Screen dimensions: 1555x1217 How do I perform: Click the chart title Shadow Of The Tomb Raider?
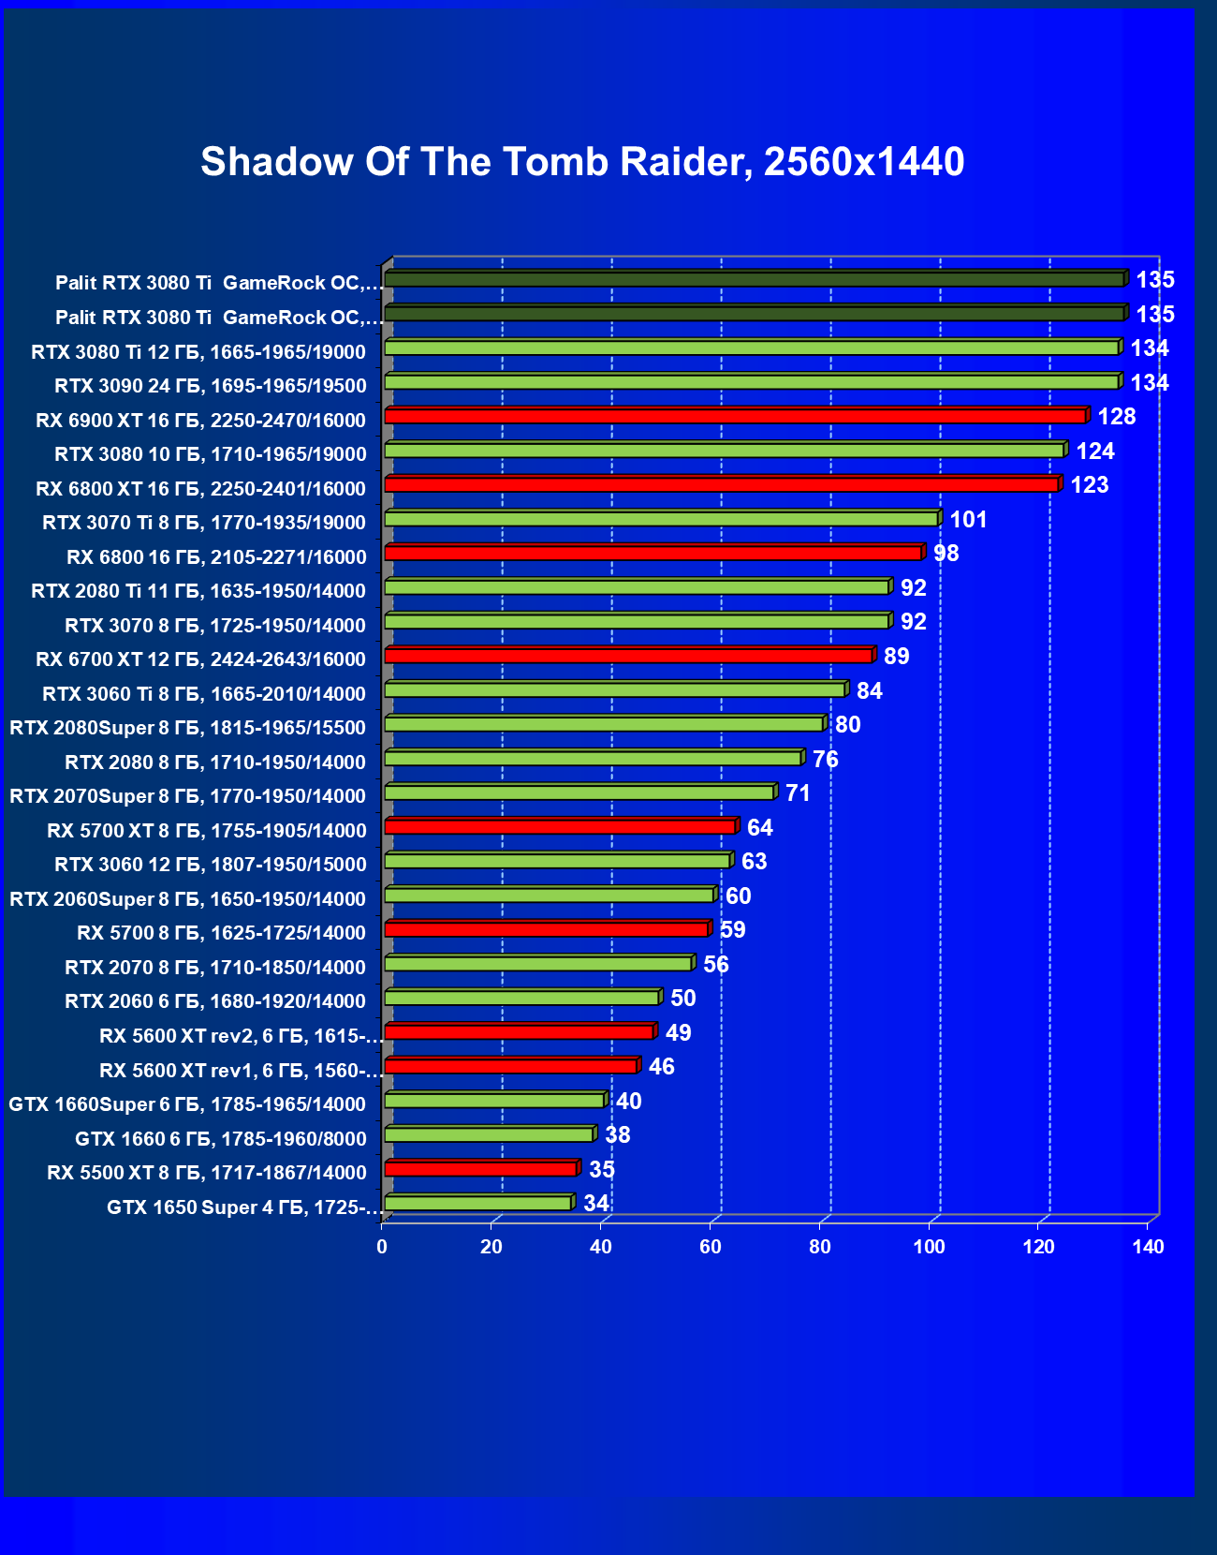point(582,161)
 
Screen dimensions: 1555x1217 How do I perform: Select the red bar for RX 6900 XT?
point(735,416)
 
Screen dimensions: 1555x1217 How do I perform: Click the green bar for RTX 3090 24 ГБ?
point(752,382)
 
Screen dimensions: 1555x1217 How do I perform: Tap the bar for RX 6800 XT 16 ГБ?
point(721,484)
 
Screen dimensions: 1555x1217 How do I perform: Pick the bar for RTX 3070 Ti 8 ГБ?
point(661,519)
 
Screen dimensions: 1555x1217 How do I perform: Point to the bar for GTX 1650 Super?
point(477,1204)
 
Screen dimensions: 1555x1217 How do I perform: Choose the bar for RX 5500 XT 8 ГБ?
point(480,1169)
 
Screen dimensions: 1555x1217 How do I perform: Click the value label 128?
point(1117,417)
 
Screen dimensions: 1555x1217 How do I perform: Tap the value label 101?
point(969,520)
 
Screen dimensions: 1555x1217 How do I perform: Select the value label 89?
point(897,657)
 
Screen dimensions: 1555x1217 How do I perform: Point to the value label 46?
point(662,1067)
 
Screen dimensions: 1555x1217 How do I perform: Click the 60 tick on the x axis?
point(711,1247)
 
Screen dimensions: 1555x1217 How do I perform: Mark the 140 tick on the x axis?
point(1148,1247)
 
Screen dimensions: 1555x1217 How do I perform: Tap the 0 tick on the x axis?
point(382,1247)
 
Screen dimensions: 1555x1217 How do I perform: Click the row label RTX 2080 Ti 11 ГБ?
point(198,591)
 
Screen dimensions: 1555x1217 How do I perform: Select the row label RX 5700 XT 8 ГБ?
point(207,831)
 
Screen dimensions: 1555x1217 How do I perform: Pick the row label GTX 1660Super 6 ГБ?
point(187,1104)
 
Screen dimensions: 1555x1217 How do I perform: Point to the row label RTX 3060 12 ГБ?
point(211,865)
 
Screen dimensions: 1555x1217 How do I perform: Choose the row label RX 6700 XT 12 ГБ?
point(200,659)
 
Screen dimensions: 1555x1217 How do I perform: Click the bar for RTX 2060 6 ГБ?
point(521,998)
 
